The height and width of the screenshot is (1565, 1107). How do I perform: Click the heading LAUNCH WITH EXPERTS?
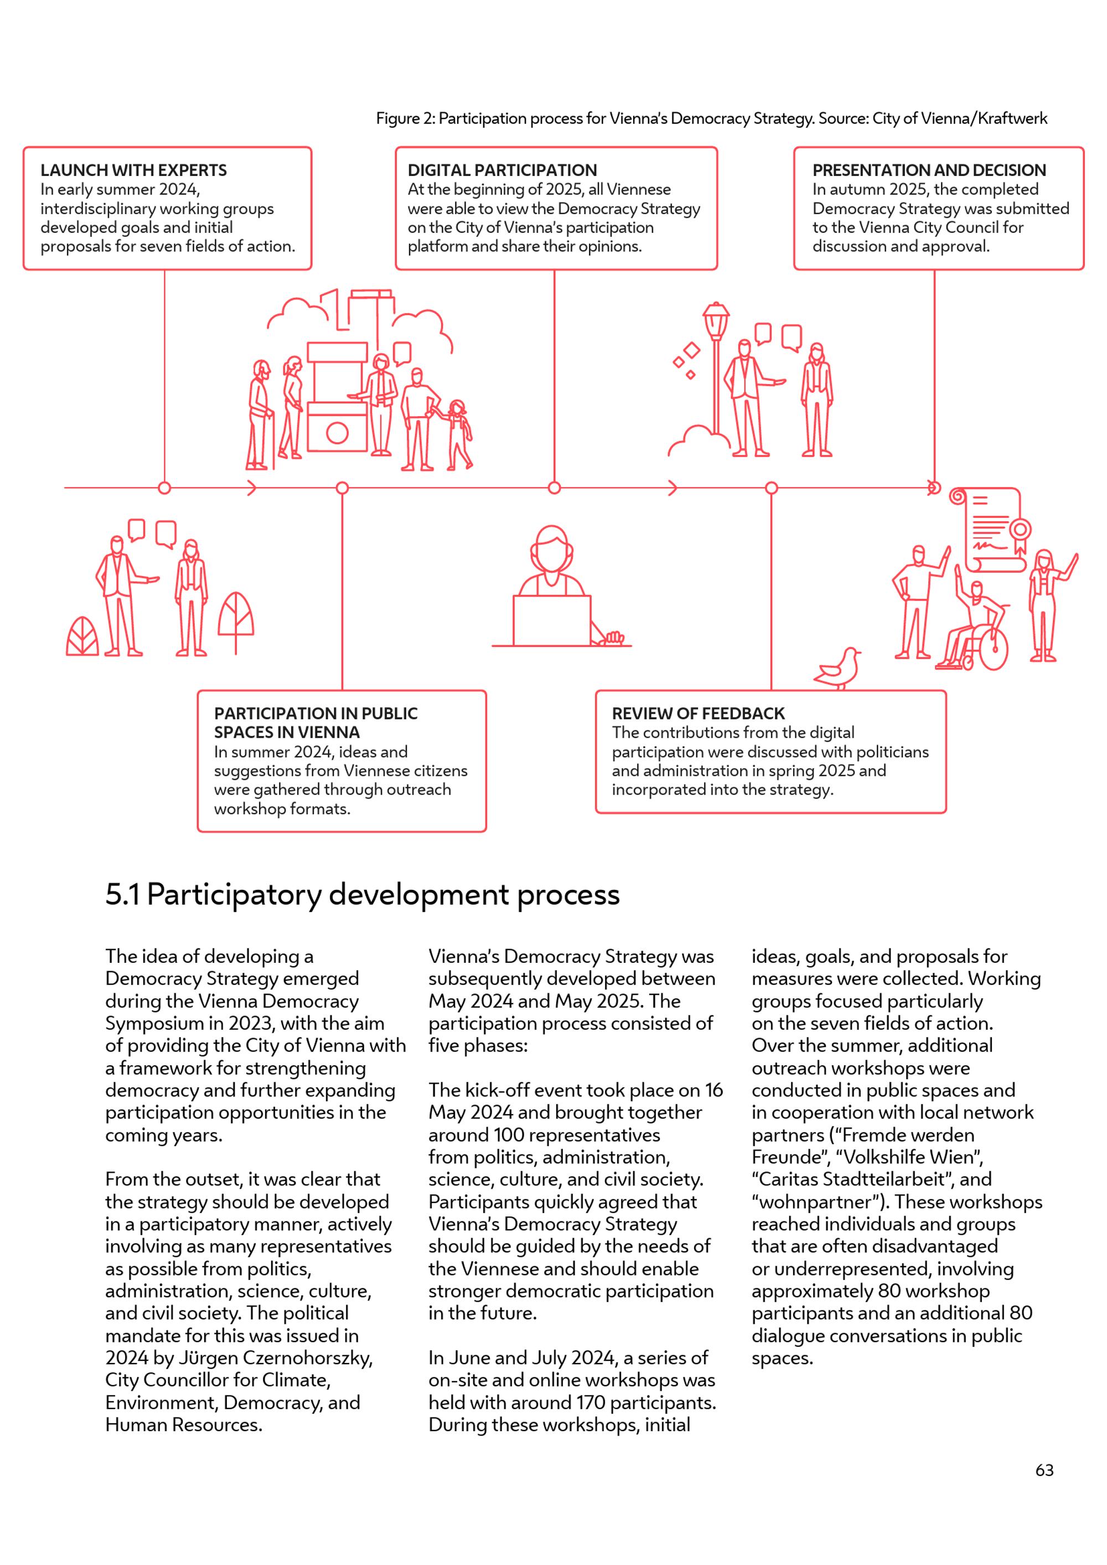133,170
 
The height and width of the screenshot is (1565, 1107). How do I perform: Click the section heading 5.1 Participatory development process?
362,894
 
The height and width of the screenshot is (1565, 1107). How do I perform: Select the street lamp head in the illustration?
716,318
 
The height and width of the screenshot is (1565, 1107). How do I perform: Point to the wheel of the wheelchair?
993,647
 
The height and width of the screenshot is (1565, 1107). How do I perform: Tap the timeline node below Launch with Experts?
164,488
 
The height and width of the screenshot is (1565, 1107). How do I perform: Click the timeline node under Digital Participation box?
554,488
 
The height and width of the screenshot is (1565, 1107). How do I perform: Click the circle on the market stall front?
338,432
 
